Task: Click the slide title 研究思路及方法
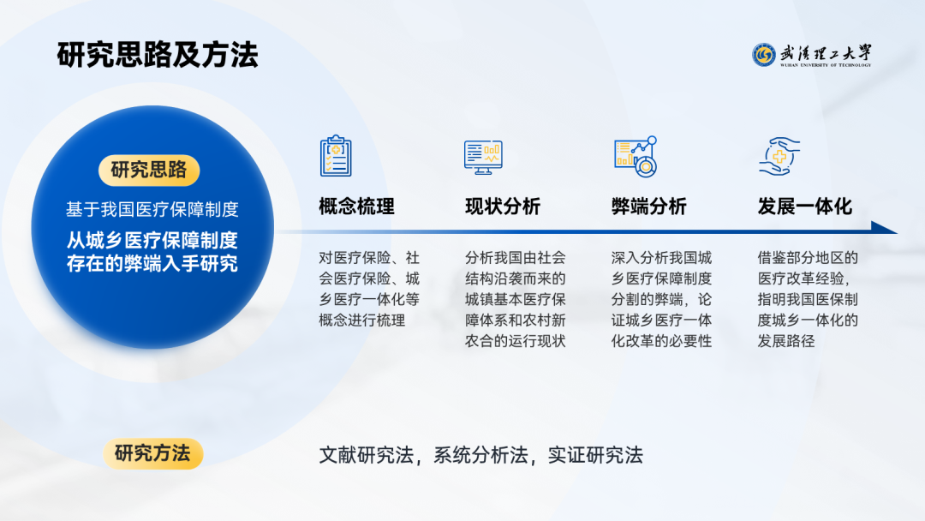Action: pyautogui.click(x=158, y=55)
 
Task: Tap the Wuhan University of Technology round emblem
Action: pyautogui.click(x=763, y=55)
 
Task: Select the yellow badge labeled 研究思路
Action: pyautogui.click(x=149, y=170)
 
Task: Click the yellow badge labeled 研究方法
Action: pyautogui.click(x=152, y=453)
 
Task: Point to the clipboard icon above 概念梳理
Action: pyautogui.click(x=336, y=156)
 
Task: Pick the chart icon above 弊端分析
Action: pyautogui.click(x=636, y=157)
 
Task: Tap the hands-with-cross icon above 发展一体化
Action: pyautogui.click(x=779, y=156)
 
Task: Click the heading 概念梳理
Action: pyautogui.click(x=356, y=207)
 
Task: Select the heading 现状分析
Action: pyautogui.click(x=503, y=207)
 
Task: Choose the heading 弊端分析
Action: pyautogui.click(x=649, y=207)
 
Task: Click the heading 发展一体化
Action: pyautogui.click(x=805, y=207)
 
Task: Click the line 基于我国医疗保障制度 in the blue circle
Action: pyautogui.click(x=152, y=209)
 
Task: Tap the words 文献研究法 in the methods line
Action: pyautogui.click(x=367, y=455)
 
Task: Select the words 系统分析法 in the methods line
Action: pyautogui.click(x=480, y=455)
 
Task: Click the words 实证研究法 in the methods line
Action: pyautogui.click(x=595, y=455)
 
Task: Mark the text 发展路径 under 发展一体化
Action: pyautogui.click(x=786, y=341)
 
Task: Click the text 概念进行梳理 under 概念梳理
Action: pyautogui.click(x=361, y=320)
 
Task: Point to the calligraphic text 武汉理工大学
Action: pyautogui.click(x=826, y=53)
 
